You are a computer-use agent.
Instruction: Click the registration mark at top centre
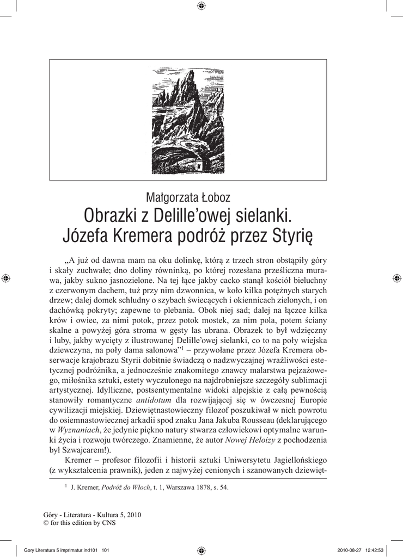[x=201, y=6]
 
